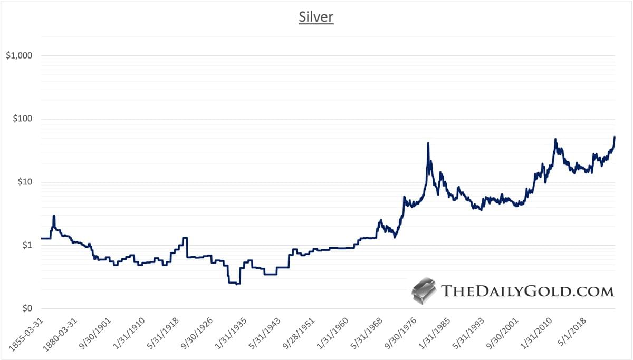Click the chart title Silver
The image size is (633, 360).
pos(316,17)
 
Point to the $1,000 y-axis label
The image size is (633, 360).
pos(19,56)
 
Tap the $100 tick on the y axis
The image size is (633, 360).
pos(22,119)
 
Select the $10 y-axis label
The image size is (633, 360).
pos(24,182)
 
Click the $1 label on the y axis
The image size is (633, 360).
pos(26,246)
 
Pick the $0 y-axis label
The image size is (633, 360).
pos(26,309)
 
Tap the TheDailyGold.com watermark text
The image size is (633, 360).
pos(527,291)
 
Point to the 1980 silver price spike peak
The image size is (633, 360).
pos(428,143)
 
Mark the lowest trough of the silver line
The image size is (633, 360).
pos(237,284)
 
